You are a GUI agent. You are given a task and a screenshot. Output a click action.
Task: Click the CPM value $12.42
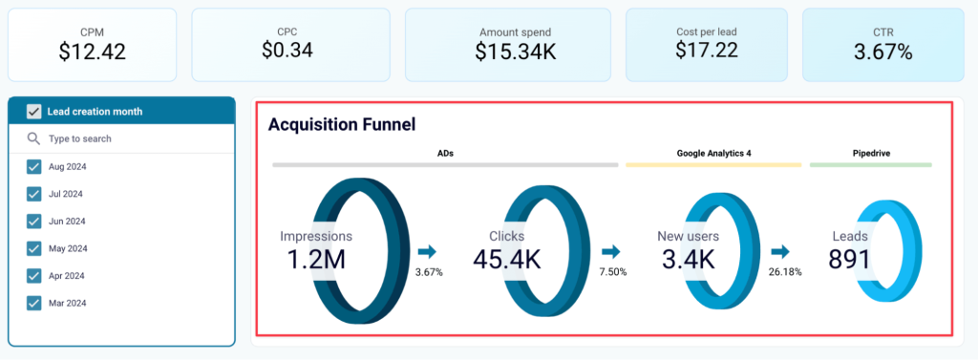(92, 52)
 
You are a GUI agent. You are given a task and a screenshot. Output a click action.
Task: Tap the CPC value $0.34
(287, 50)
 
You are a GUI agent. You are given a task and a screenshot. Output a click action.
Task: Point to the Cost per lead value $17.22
(706, 50)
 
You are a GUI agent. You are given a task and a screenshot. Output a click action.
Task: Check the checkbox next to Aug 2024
(34, 167)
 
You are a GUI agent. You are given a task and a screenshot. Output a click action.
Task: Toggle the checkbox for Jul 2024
(34, 194)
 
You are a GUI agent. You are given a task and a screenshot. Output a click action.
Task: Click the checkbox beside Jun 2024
(34, 221)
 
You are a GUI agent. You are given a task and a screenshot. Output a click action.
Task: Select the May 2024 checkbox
(34, 248)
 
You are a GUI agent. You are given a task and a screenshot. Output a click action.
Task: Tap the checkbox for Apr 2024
(34, 275)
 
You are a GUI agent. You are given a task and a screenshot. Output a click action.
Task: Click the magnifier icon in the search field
(34, 139)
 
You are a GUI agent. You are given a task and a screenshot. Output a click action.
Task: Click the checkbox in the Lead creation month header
(33, 112)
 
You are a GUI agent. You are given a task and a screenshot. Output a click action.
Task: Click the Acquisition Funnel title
(341, 124)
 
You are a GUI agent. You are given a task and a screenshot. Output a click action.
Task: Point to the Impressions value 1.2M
(315, 259)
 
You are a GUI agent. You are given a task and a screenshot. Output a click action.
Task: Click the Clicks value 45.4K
(506, 259)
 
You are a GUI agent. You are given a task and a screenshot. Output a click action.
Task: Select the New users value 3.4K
(687, 259)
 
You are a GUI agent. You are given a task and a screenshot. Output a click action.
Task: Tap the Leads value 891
(849, 259)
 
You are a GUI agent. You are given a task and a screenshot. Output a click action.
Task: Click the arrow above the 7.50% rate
(611, 252)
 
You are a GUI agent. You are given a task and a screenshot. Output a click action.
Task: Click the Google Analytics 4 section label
(713, 152)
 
